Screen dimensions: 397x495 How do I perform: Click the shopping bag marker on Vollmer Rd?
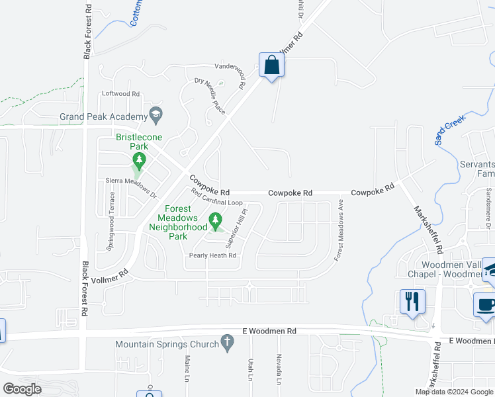click(271, 66)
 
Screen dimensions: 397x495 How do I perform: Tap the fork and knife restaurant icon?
click(412, 302)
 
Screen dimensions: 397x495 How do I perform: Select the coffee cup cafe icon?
click(486, 305)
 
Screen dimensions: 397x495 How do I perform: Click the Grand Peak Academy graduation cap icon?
click(156, 114)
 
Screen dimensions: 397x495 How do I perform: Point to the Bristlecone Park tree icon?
click(139, 159)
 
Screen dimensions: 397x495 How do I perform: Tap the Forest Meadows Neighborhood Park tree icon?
click(214, 219)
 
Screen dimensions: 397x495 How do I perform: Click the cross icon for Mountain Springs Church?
click(227, 343)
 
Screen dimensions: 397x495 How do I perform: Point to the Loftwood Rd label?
click(120, 94)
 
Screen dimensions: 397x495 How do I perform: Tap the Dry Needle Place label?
click(210, 96)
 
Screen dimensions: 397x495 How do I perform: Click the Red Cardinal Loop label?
click(217, 197)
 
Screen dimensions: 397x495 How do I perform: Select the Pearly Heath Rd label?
click(212, 255)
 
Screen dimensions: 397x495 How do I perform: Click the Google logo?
click(22, 388)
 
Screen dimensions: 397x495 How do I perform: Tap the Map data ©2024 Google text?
click(454, 392)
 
